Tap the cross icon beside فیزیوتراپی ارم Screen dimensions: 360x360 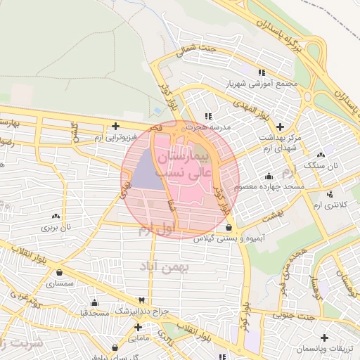[x=115, y=126]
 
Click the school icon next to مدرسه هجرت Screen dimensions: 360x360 [x=207, y=116]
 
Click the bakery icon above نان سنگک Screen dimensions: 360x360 [x=321, y=155]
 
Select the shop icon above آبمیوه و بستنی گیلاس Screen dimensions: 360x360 [x=229, y=228]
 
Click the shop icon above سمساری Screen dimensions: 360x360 [x=58, y=273]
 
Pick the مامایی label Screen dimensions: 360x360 [x=138, y=338]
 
